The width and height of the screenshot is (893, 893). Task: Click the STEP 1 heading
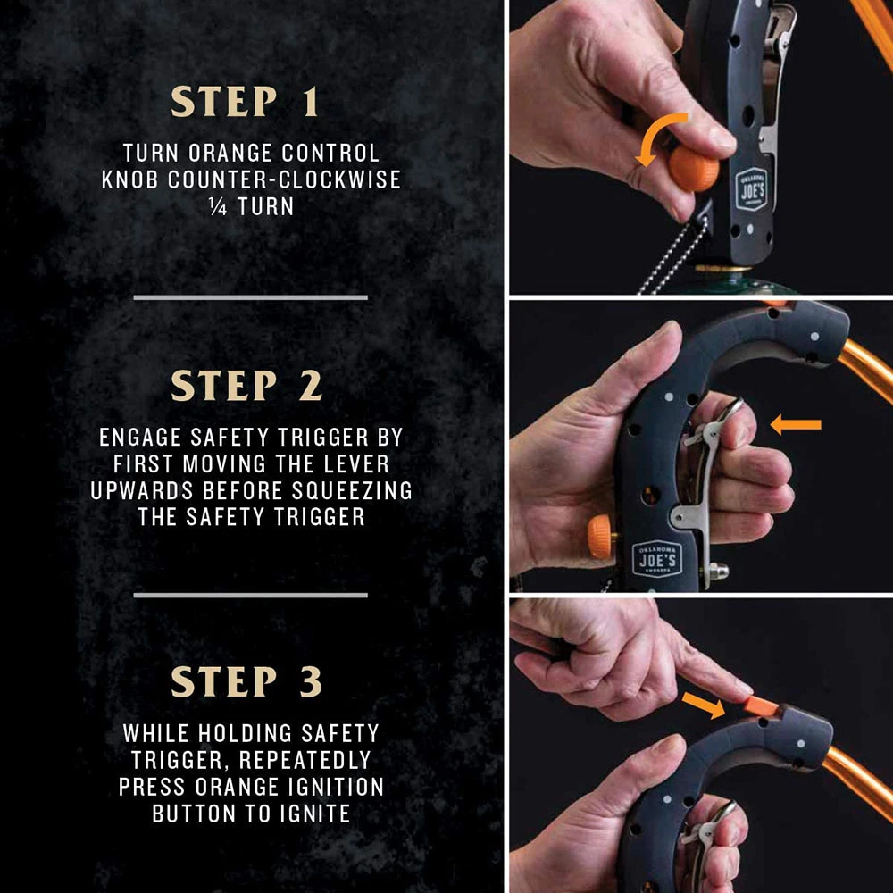tap(245, 104)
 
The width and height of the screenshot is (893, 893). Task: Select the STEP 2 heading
tap(246, 386)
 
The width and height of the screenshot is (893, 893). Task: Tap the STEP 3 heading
tap(246, 682)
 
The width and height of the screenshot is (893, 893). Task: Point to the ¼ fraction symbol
tap(215, 205)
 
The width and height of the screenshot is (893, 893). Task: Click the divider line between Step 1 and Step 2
tap(250, 296)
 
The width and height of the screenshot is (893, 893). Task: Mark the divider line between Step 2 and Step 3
tap(250, 594)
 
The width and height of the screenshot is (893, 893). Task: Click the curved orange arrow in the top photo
tap(663, 138)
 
